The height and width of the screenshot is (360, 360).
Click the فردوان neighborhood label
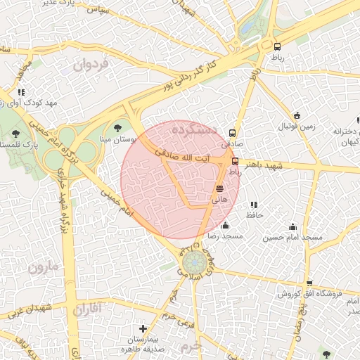[91, 66]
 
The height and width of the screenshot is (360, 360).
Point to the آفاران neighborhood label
[87, 308]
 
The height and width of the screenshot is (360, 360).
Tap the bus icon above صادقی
[233, 132]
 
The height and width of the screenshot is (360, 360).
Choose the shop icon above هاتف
[220, 188]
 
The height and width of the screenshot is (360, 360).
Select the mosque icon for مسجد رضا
[225, 226]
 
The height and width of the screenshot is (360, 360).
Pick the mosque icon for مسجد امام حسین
[292, 226]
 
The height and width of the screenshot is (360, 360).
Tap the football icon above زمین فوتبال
[297, 115]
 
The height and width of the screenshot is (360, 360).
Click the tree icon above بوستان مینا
[117, 128]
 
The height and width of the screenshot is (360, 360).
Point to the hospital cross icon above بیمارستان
[143, 328]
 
